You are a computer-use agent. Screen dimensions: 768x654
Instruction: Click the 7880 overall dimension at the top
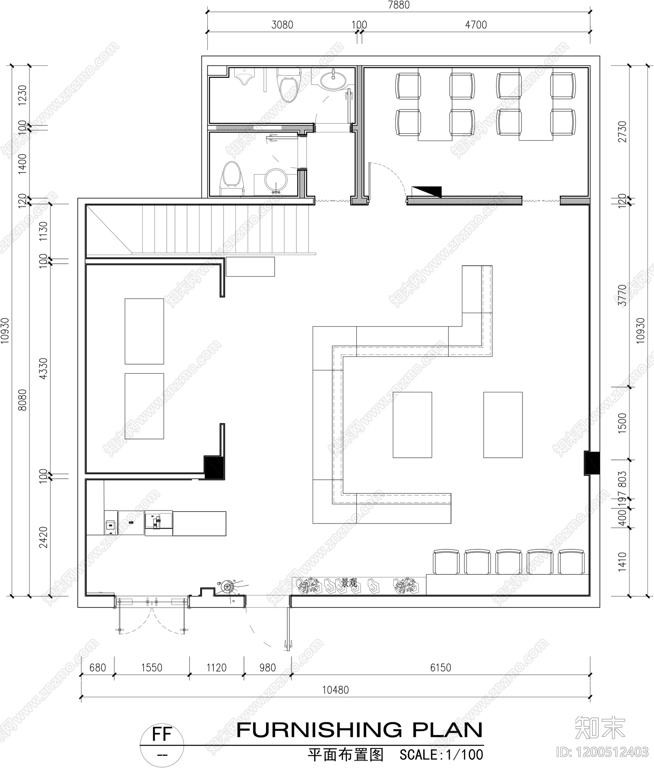pos(399,5)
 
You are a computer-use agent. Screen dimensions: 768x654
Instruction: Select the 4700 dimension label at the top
pos(476,25)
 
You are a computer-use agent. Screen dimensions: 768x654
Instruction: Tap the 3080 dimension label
pos(282,25)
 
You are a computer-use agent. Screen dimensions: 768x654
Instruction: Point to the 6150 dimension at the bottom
pos(441,668)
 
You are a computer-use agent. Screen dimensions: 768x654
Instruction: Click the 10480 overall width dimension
pos(335,690)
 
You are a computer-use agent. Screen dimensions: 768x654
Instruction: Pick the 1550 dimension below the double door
pos(152,668)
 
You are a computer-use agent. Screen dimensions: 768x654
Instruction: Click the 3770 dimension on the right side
pos(622,295)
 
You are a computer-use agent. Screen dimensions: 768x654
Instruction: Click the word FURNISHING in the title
pos(319,730)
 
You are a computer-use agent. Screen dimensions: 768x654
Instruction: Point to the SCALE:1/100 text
pos(441,755)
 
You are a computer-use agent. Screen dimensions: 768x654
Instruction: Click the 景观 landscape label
pos(349,583)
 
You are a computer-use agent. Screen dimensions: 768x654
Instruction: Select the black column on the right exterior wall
pos(591,463)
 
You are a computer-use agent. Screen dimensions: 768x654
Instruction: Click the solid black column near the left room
pos(213,467)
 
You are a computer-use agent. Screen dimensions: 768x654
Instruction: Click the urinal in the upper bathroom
pos(244,77)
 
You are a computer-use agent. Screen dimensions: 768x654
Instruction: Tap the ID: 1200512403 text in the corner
pos(602,752)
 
